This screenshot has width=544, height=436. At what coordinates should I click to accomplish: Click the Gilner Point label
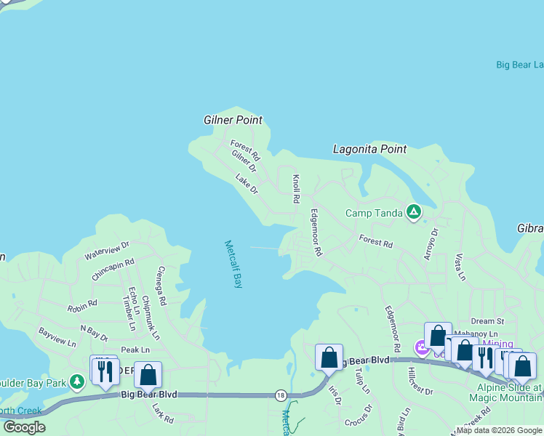(x=233, y=120)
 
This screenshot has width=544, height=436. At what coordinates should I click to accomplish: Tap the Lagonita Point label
(x=369, y=149)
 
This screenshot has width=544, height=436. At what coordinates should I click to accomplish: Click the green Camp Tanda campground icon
(x=413, y=212)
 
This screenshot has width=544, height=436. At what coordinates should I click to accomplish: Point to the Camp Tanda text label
(x=372, y=213)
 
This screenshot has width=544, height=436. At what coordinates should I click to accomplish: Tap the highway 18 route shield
(x=281, y=395)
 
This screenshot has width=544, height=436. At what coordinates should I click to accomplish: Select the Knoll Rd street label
(x=296, y=188)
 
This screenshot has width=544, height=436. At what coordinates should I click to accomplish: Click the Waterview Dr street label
(x=106, y=251)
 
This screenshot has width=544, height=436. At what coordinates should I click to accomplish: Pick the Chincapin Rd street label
(x=113, y=270)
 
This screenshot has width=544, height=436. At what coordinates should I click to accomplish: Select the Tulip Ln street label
(x=363, y=380)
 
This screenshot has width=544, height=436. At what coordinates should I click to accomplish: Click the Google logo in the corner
(x=24, y=427)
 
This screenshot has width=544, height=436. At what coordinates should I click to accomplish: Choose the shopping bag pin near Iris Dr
(x=329, y=358)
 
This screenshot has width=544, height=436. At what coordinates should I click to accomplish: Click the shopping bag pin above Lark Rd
(x=148, y=375)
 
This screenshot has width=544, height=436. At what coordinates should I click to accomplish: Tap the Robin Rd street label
(x=82, y=306)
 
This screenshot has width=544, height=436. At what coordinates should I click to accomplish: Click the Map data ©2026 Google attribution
(x=499, y=430)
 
